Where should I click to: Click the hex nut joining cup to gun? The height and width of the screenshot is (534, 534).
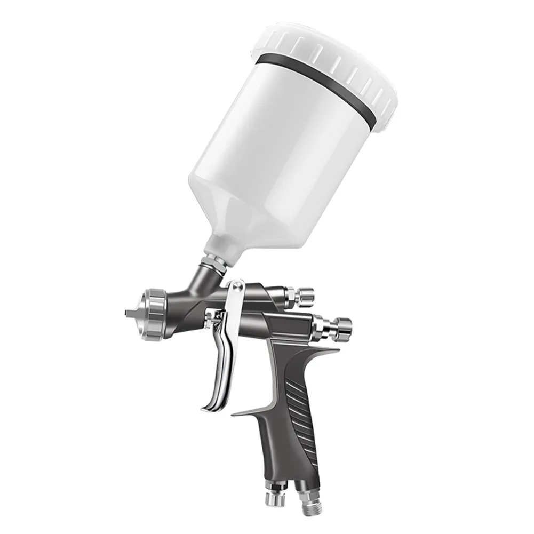click(x=216, y=261)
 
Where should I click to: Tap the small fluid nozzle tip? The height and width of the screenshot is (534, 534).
click(x=130, y=313)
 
